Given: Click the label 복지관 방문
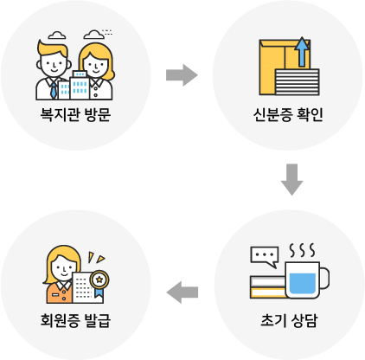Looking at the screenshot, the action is tap(75, 115).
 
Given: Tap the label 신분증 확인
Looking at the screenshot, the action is tap(288, 115).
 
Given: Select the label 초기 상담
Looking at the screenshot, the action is tap(289, 320).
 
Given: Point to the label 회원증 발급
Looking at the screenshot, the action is tap(75, 320).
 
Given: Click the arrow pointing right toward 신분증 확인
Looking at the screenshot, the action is tap(182, 75).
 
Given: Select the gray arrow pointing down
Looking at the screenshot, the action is tap(291, 179).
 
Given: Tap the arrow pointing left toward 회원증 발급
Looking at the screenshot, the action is tap(182, 292).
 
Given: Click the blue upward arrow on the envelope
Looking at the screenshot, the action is tap(302, 52).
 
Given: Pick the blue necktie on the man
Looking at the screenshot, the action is tap(54, 90).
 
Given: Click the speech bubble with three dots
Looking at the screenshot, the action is tap(265, 256).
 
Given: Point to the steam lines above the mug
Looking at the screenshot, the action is tap(302, 250).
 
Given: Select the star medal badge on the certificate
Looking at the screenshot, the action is tap(99, 280).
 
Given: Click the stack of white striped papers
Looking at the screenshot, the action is tap(297, 82).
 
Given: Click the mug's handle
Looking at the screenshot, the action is tap(324, 279).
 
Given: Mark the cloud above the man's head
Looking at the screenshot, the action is tap(57, 35).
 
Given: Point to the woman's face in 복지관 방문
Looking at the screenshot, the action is tap(96, 65).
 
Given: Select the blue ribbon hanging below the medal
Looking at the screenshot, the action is tap(99, 292).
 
